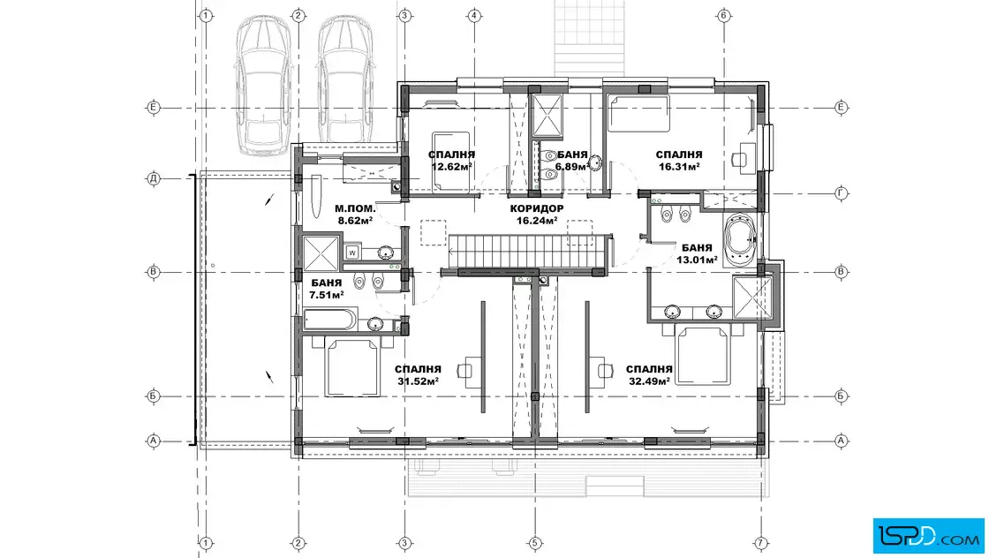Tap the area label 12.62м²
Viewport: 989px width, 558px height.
[451, 167]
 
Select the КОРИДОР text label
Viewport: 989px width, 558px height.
[537, 208]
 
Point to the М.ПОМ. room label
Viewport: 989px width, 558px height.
[355, 208]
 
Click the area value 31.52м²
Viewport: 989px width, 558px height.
[419, 381]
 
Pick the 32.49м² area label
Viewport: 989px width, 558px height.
[649, 381]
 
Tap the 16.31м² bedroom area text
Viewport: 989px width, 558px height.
[679, 167]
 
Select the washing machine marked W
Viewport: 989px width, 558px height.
[352, 253]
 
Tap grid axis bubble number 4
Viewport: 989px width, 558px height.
[474, 16]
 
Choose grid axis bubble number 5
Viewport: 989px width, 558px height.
[535, 542]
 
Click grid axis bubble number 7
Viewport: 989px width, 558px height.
[761, 542]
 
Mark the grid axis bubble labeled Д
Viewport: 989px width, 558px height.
[154, 178]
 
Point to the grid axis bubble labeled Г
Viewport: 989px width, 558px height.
[841, 193]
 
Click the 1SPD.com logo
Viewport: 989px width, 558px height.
[928, 536]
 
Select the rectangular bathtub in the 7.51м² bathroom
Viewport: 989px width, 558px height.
[330, 320]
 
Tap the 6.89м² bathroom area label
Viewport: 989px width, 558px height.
[572, 167]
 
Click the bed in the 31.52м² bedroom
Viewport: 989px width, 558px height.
[352, 367]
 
